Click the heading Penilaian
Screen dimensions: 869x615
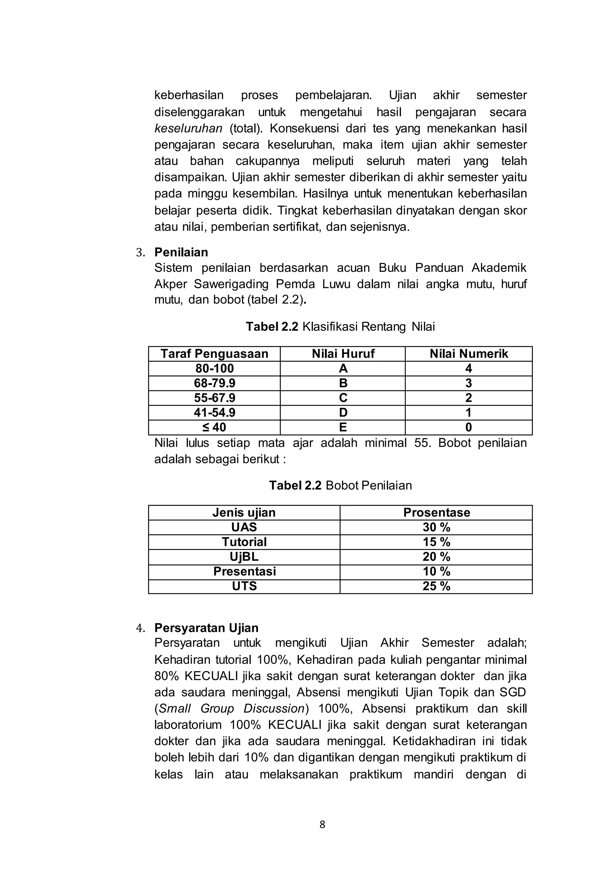tap(181, 252)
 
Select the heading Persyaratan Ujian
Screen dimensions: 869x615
tap(206, 628)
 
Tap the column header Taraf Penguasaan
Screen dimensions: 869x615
tap(214, 354)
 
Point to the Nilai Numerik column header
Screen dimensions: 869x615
tap(468, 354)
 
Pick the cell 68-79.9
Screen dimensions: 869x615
tap(214, 383)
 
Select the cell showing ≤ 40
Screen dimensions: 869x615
tap(214, 427)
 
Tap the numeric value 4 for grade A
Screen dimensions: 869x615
tap(468, 369)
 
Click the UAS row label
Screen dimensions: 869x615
tap(244, 527)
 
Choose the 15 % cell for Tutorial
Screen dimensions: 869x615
tap(436, 542)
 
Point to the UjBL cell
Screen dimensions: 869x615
tap(244, 557)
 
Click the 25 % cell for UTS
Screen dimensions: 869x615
tap(436, 586)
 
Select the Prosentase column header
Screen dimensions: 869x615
tap(436, 513)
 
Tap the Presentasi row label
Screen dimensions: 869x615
tap(244, 572)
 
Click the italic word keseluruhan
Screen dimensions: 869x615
tap(188, 129)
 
